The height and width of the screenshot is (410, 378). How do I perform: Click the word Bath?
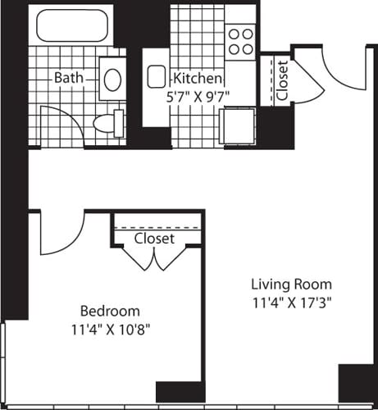click(x=68, y=78)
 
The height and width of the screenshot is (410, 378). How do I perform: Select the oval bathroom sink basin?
click(x=112, y=78)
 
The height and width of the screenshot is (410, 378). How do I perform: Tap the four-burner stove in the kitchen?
click(x=240, y=41)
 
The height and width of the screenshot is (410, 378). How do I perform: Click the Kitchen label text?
click(x=197, y=79)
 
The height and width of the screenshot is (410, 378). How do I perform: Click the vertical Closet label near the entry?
click(x=282, y=81)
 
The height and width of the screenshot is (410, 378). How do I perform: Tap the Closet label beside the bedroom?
click(x=154, y=239)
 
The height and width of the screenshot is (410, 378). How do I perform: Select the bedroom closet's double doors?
click(x=153, y=258)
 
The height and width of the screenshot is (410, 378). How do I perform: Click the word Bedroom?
click(x=109, y=312)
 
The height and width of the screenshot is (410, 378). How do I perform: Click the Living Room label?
click(x=292, y=284)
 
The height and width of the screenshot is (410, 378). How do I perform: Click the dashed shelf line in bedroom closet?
click(x=156, y=225)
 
